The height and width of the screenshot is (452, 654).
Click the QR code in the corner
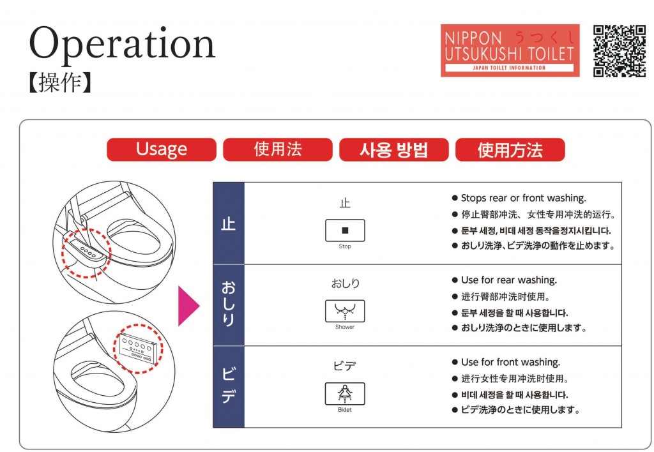click(620, 51)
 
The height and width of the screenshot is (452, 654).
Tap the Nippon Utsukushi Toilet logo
click(510, 50)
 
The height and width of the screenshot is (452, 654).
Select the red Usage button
click(162, 149)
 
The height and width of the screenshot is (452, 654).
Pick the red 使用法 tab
click(278, 149)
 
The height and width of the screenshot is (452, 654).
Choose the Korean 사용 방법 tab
click(393, 149)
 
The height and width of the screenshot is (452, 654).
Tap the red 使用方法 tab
click(510, 149)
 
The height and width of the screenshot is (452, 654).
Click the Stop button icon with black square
click(345, 230)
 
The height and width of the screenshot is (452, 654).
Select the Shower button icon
click(345, 311)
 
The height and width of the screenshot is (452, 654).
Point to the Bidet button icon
click(345, 393)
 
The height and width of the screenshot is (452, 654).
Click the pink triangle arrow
click(188, 306)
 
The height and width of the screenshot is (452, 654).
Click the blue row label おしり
click(228, 305)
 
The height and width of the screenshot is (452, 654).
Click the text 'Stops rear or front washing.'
click(524, 198)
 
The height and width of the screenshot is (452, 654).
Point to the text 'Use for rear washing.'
click(509, 280)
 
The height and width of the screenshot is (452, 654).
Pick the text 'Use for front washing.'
click(510, 363)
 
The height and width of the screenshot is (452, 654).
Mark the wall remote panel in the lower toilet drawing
click(139, 349)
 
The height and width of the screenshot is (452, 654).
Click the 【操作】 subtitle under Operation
click(59, 82)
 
